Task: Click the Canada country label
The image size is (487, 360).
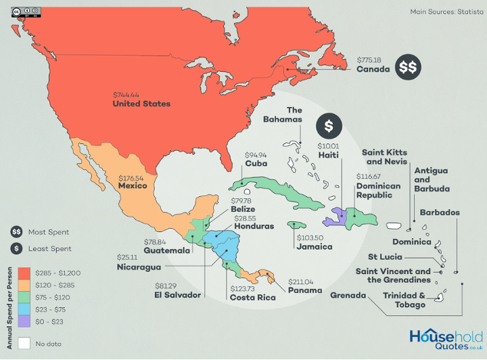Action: coord(373,69)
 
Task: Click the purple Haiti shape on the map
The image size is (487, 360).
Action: coord(334,217)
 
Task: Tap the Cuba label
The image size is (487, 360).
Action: coord(256,163)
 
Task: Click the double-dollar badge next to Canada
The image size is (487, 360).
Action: coord(408,67)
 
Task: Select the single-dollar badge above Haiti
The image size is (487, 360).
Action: coord(329,125)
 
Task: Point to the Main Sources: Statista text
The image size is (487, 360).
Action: coord(442,12)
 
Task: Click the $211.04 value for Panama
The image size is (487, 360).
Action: coord(301,281)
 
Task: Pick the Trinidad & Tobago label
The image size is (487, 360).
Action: coord(404,300)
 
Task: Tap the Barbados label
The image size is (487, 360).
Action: coord(440,212)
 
